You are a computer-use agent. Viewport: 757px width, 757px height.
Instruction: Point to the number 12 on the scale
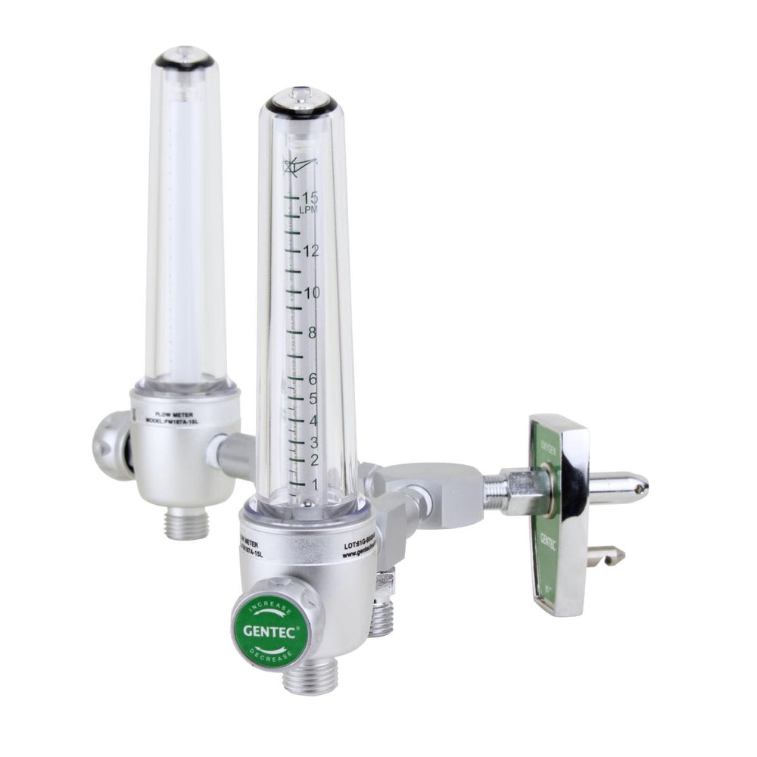309,251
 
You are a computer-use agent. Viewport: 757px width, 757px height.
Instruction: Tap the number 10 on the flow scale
310,293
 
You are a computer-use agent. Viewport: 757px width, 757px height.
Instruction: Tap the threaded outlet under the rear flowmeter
186,522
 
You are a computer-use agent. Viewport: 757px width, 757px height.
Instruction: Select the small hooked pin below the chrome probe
610,556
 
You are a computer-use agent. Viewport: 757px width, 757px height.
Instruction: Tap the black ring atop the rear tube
184,61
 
